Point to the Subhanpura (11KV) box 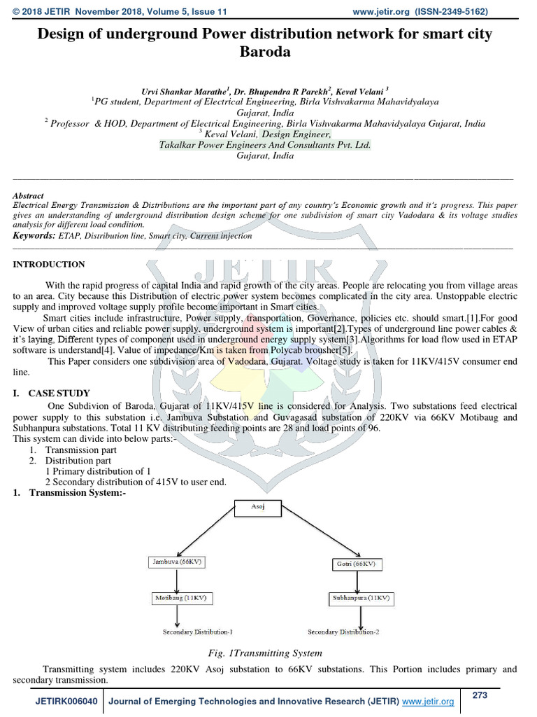(359, 599)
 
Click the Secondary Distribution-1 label (198, 632)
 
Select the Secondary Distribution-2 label (343, 632)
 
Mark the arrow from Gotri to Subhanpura (361, 580)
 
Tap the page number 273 (480, 695)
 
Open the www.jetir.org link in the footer (428, 702)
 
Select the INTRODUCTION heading (49, 264)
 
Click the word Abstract (29, 196)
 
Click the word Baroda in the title (268, 51)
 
